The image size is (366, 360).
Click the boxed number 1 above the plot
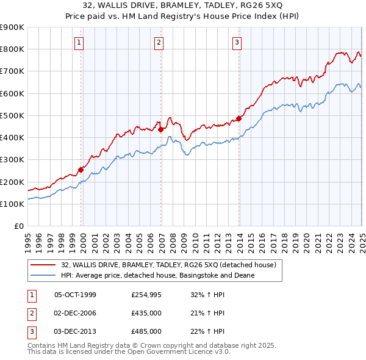pos(80,42)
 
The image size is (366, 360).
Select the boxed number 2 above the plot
pos(159,42)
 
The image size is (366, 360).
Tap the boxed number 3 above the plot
pos(237,42)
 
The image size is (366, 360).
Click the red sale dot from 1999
pos(81,170)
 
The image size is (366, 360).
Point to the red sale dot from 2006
pos(160,129)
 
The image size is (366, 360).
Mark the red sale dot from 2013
pos(239,118)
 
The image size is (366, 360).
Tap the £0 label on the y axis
pos(18,226)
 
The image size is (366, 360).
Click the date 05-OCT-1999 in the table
pos(75,295)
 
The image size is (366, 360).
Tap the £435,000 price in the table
pos(146,313)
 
